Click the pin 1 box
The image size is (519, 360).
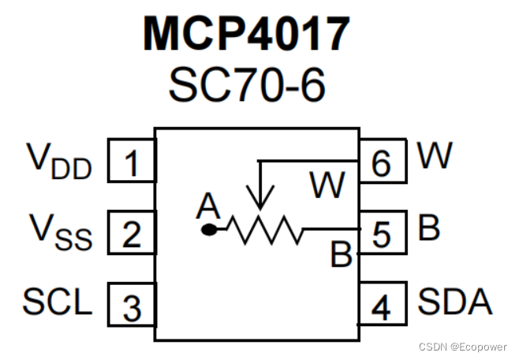tap(131, 164)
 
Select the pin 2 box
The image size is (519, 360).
tap(131, 234)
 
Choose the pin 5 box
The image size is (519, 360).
tap(381, 234)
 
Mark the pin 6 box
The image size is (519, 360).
tap(381, 164)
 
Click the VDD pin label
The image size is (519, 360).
tap(59, 160)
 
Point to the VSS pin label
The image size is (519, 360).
tap(60, 231)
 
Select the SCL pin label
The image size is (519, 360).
tap(58, 302)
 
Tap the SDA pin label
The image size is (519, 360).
tap(454, 302)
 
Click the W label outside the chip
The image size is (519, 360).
tap(435, 156)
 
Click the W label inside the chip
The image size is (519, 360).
tap(327, 186)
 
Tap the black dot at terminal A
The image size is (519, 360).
tap(209, 230)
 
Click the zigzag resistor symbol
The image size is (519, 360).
tap(265, 231)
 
